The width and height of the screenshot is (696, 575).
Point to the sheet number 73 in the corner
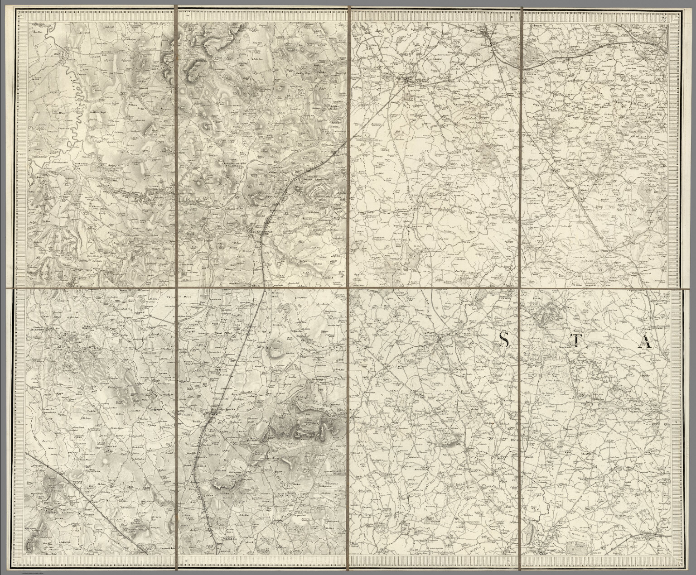tap(664, 19)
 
